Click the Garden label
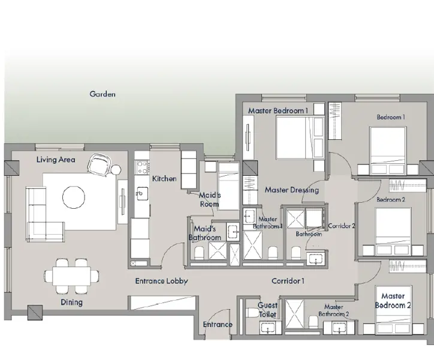tap(103, 94)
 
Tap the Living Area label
tap(56, 160)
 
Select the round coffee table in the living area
tap(74, 197)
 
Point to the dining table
tap(72, 276)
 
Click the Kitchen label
tap(164, 179)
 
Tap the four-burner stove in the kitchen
tap(142, 167)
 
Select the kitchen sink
tap(141, 193)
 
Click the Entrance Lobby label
tap(162, 281)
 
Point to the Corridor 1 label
tap(288, 281)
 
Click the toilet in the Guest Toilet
tap(252, 313)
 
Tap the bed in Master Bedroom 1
tap(300, 137)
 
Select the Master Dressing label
tap(292, 190)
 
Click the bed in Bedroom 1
tap(388, 151)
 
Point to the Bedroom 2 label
tap(391, 200)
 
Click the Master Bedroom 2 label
tap(393, 301)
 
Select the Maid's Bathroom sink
tap(233, 232)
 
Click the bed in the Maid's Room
tap(228, 186)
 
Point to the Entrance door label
tap(218, 325)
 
